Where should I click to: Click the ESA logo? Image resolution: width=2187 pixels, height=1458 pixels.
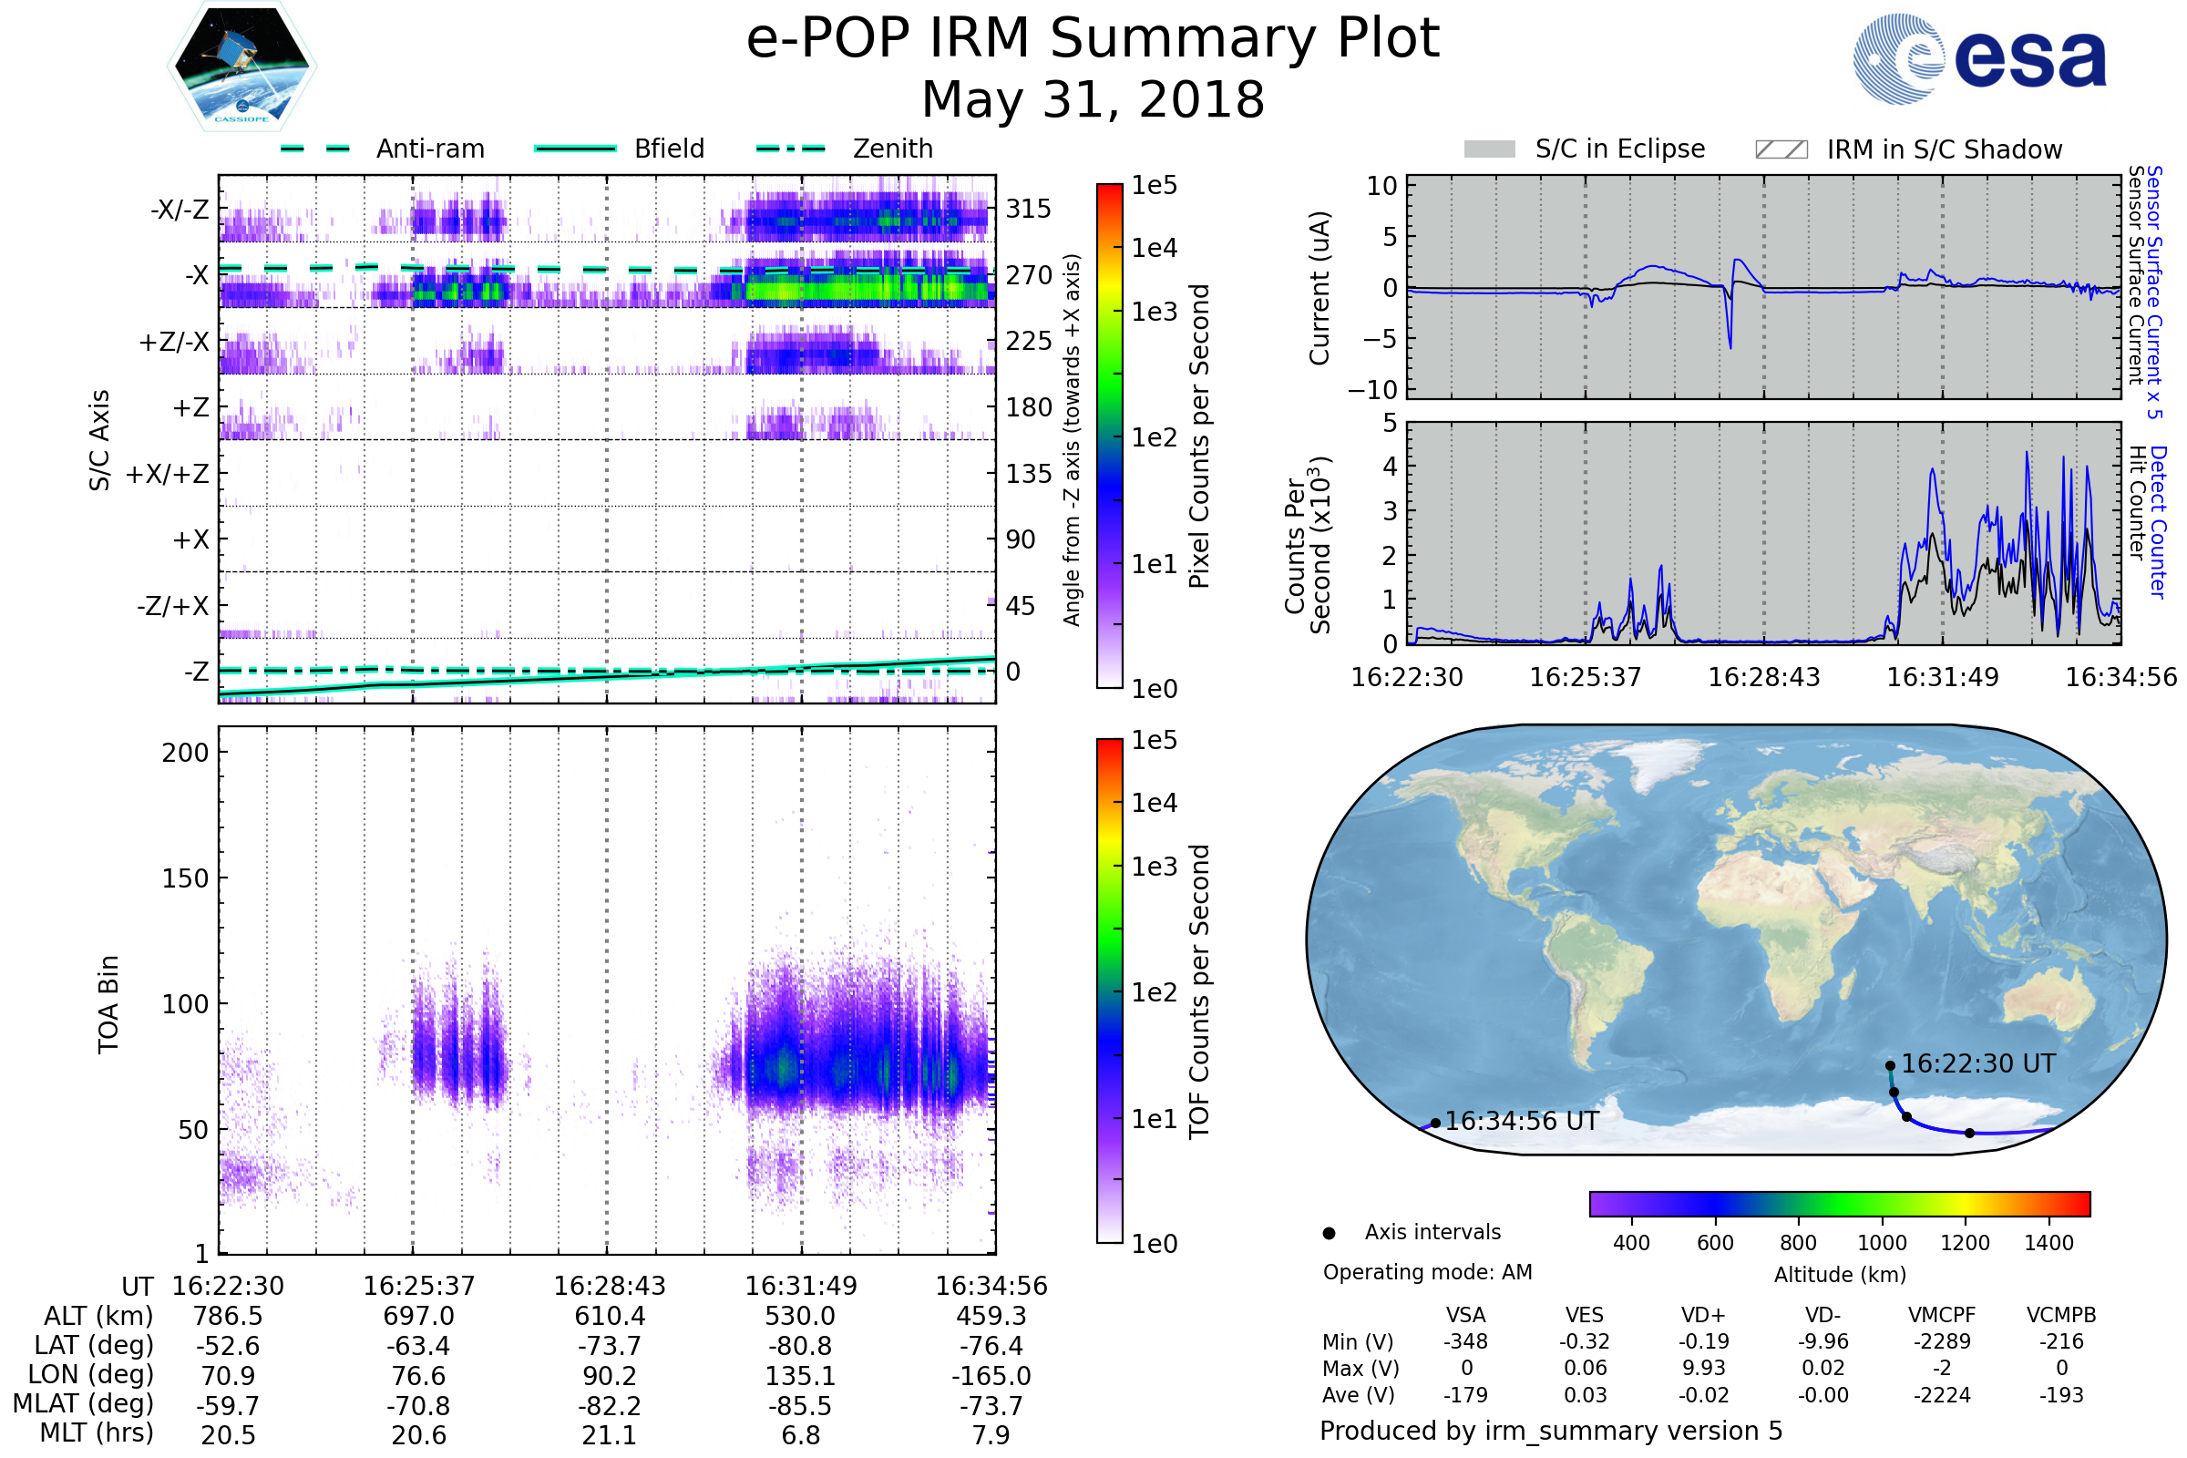coord(1979,58)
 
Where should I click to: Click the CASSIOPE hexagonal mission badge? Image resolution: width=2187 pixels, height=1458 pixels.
coord(241,66)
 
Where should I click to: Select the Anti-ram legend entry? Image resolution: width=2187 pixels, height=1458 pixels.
coord(382,149)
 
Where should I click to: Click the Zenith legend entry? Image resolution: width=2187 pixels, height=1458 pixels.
coord(845,149)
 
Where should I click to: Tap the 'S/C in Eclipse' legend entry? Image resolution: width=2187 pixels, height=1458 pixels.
coord(1585,149)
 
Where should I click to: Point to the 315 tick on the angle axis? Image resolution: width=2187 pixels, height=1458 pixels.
coord(1028,210)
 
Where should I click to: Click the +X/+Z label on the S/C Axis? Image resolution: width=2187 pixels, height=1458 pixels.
coord(168,474)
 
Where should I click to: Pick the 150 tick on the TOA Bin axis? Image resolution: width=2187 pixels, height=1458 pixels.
coord(185,878)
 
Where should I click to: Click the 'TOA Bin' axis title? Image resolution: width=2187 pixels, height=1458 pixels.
coord(108,1004)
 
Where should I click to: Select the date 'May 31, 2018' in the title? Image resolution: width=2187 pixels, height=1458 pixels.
coord(1093,99)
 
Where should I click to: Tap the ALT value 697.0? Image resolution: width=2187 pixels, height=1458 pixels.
coord(418,1317)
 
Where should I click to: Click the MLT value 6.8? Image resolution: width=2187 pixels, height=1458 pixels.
coord(801,1434)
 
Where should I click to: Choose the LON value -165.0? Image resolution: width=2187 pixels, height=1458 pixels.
coord(991,1376)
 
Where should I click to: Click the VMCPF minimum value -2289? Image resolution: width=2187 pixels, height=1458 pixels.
coord(1942,1341)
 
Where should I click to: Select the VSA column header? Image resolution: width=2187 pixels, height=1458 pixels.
coord(1466,1316)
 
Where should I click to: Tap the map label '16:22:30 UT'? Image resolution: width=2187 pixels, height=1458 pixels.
coord(1977,1063)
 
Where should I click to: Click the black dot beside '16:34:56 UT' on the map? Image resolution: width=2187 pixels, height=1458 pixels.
coord(1436,1124)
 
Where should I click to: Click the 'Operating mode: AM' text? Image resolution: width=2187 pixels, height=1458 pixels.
coord(1427,1272)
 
